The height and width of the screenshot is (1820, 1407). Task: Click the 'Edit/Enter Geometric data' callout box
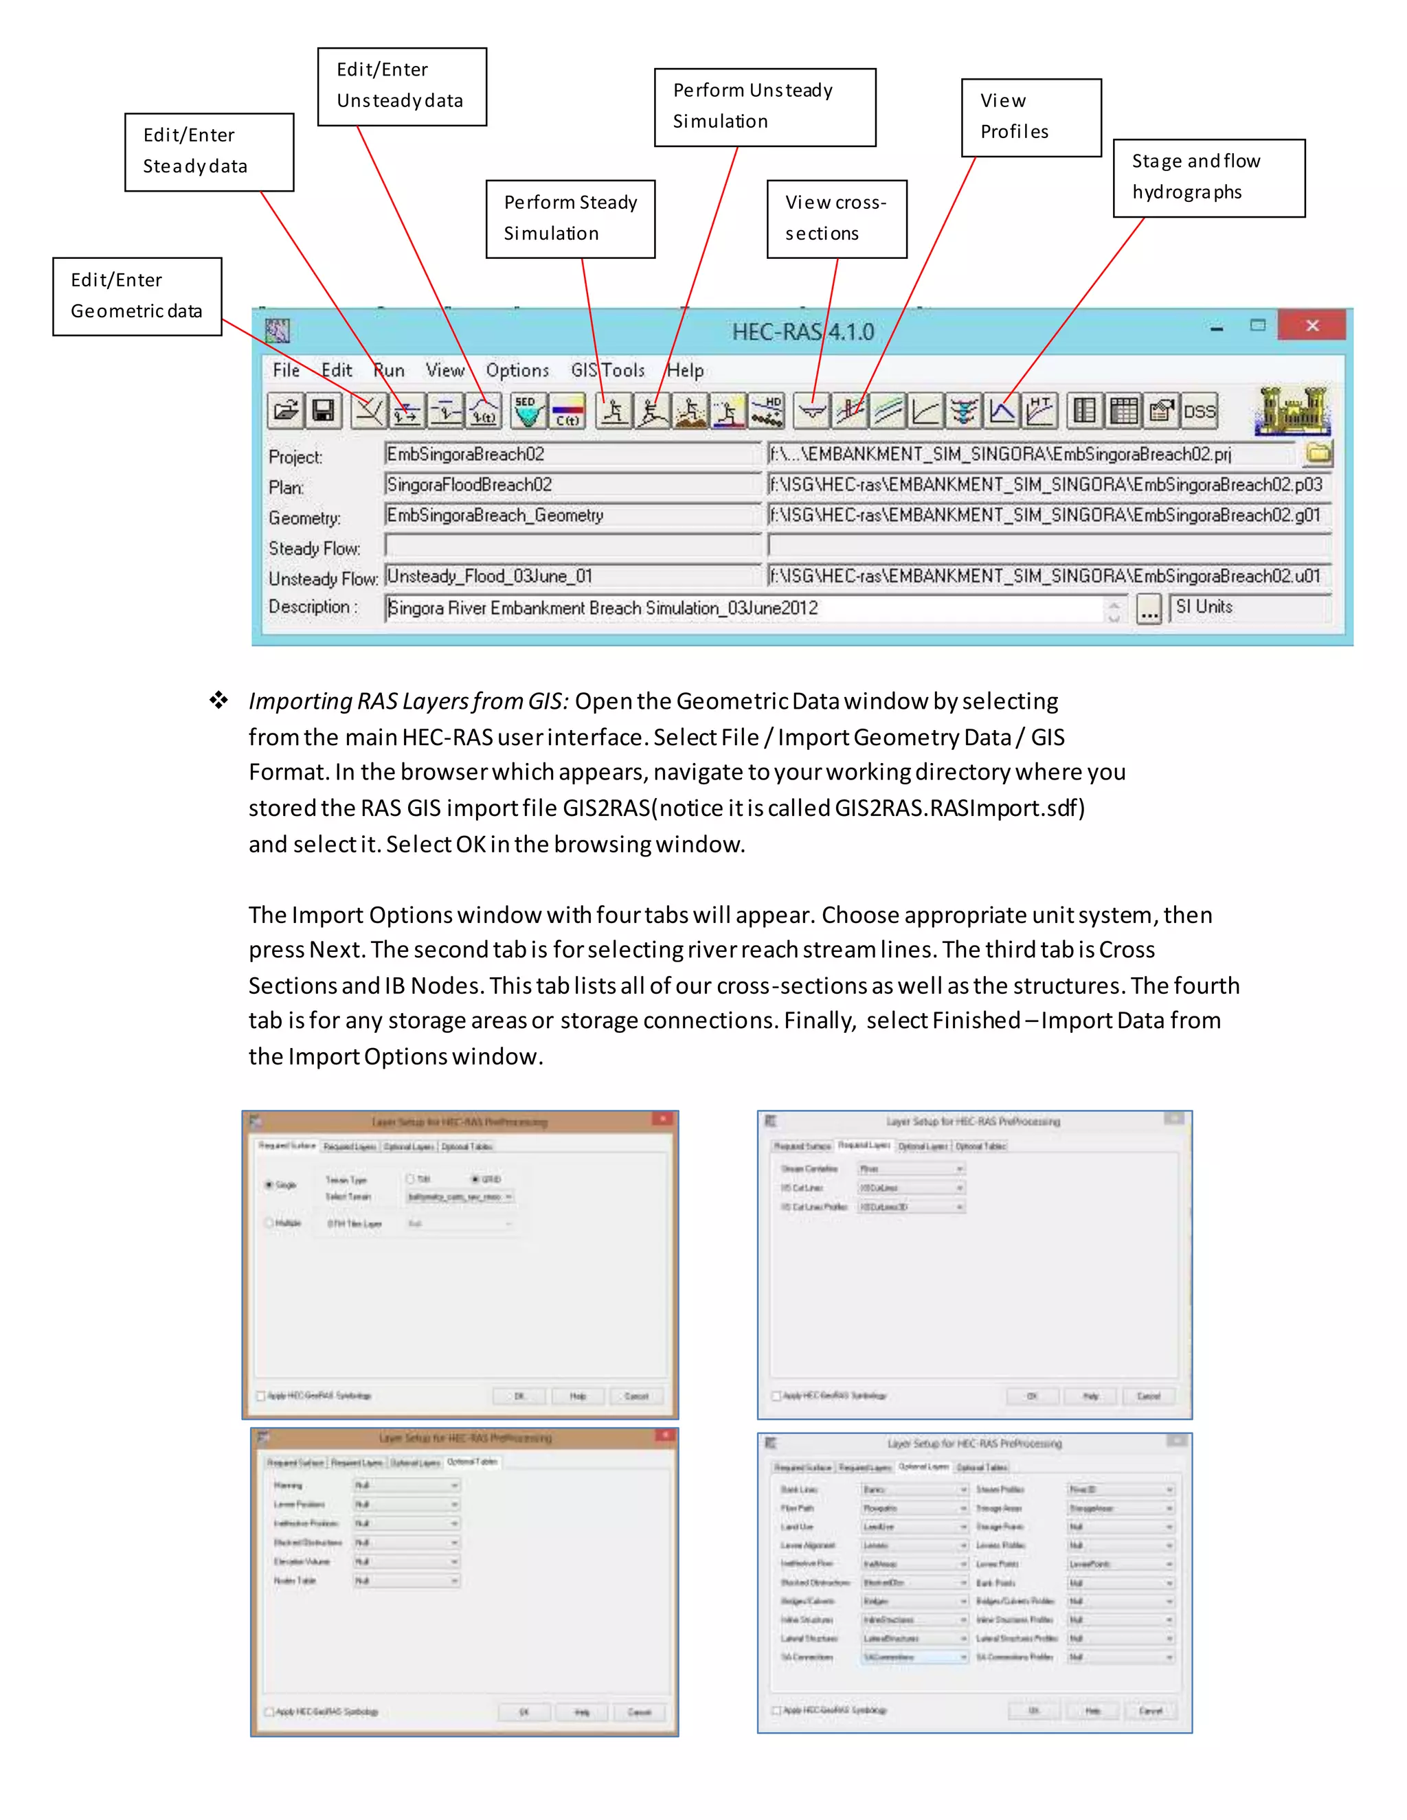pyautogui.click(x=137, y=296)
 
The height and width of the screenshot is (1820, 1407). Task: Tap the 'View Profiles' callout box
pyautogui.click(x=1031, y=117)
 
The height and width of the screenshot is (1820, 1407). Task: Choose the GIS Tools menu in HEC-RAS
pyautogui.click(x=607, y=370)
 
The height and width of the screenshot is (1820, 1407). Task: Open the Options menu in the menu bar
pyautogui.click(x=517, y=370)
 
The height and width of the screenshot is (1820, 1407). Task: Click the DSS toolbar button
pyautogui.click(x=1199, y=411)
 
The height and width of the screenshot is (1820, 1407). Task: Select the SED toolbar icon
pyautogui.click(x=528, y=411)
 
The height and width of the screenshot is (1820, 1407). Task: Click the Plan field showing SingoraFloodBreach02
pyautogui.click(x=572, y=484)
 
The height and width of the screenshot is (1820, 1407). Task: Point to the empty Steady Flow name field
pyautogui.click(x=572, y=546)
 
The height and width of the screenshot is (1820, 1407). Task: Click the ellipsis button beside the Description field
pyautogui.click(x=1148, y=609)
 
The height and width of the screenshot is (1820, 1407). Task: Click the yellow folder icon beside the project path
pyautogui.click(x=1318, y=453)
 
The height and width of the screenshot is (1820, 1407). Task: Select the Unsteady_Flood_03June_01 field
pyautogui.click(x=572, y=576)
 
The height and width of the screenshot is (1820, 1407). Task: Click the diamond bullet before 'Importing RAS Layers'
pyautogui.click(x=218, y=700)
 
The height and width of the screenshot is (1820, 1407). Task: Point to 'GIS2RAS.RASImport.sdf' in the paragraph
pyautogui.click(x=958, y=808)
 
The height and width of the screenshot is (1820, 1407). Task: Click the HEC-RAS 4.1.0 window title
pyautogui.click(x=802, y=332)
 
